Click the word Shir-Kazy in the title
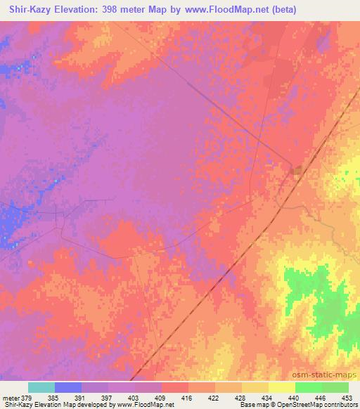pos(28,9)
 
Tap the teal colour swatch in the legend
pos(41,387)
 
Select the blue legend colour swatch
pos(68,387)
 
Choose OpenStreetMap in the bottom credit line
pos(297,405)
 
